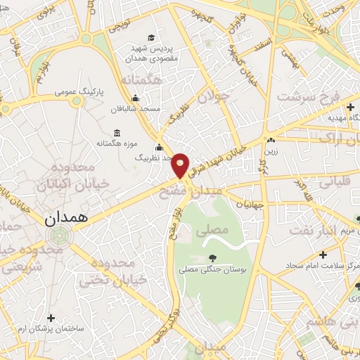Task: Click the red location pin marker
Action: coord(181,165)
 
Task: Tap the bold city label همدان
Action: coord(68,219)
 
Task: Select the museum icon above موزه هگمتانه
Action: coord(116,133)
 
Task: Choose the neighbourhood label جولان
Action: coord(214,96)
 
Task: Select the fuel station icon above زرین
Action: coord(270,139)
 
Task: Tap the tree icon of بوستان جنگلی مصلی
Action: coord(212,257)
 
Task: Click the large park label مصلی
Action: coord(216,230)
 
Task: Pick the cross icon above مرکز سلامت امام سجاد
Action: coord(323,255)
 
